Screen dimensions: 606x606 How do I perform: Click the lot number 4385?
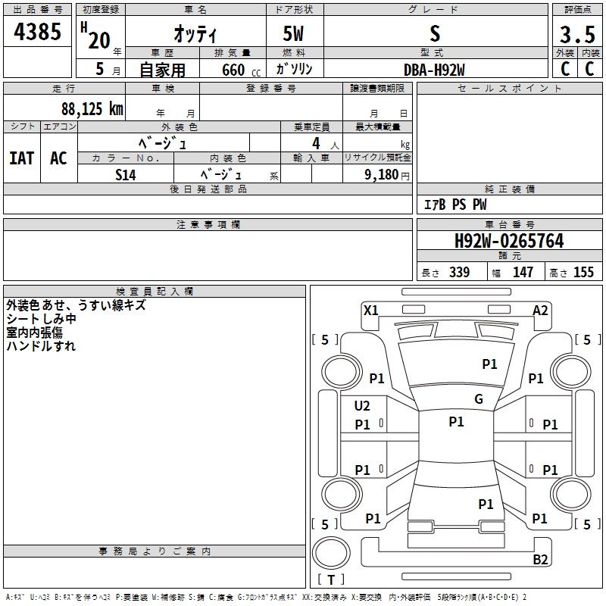point(38,33)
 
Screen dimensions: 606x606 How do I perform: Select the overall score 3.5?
point(576,35)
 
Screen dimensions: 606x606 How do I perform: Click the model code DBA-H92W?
point(434,70)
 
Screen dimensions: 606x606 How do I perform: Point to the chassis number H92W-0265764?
point(509,242)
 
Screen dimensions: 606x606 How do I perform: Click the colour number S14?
point(126,173)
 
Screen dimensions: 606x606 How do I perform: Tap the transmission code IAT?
point(22,158)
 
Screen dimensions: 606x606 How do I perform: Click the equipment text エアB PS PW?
point(454,205)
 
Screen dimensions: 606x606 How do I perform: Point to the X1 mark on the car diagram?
point(370,310)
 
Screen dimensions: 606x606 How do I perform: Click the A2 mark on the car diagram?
point(540,310)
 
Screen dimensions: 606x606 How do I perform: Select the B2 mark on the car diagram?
point(540,560)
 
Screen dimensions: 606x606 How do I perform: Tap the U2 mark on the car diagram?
point(362,406)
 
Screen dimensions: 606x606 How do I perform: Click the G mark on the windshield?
point(479,399)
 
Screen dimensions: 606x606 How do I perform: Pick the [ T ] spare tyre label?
point(331,580)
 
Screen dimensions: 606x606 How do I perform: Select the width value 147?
point(523,273)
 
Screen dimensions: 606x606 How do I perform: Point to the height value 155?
point(583,273)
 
